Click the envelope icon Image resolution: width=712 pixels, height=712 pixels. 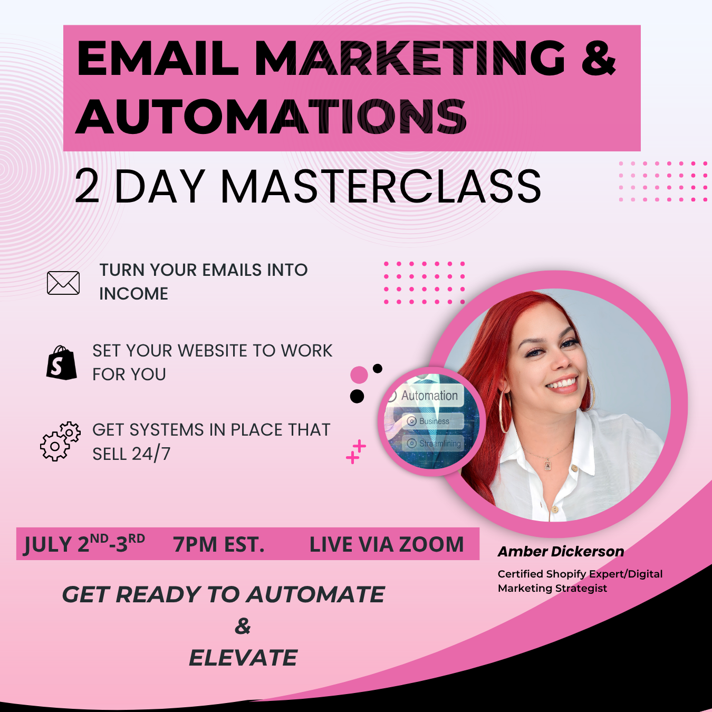63,283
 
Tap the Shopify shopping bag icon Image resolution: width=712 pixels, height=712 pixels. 61,363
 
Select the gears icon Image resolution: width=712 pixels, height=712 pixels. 60,441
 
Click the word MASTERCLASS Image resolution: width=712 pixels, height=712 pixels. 381,186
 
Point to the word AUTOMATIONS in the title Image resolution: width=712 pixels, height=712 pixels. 271,117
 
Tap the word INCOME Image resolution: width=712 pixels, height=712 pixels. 134,294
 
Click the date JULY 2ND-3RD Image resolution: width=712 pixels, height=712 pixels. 84,544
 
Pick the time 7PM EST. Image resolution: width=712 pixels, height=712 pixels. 219,544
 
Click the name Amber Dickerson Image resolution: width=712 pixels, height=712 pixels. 561,552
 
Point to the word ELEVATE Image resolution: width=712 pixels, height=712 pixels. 243,658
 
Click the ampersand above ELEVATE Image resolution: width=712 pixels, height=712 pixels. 243,626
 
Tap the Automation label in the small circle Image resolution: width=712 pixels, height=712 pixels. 429,396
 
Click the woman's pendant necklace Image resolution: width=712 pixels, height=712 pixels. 547,465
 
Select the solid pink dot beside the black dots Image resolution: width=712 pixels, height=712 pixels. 359,375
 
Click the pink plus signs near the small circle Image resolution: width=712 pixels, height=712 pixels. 356,451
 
